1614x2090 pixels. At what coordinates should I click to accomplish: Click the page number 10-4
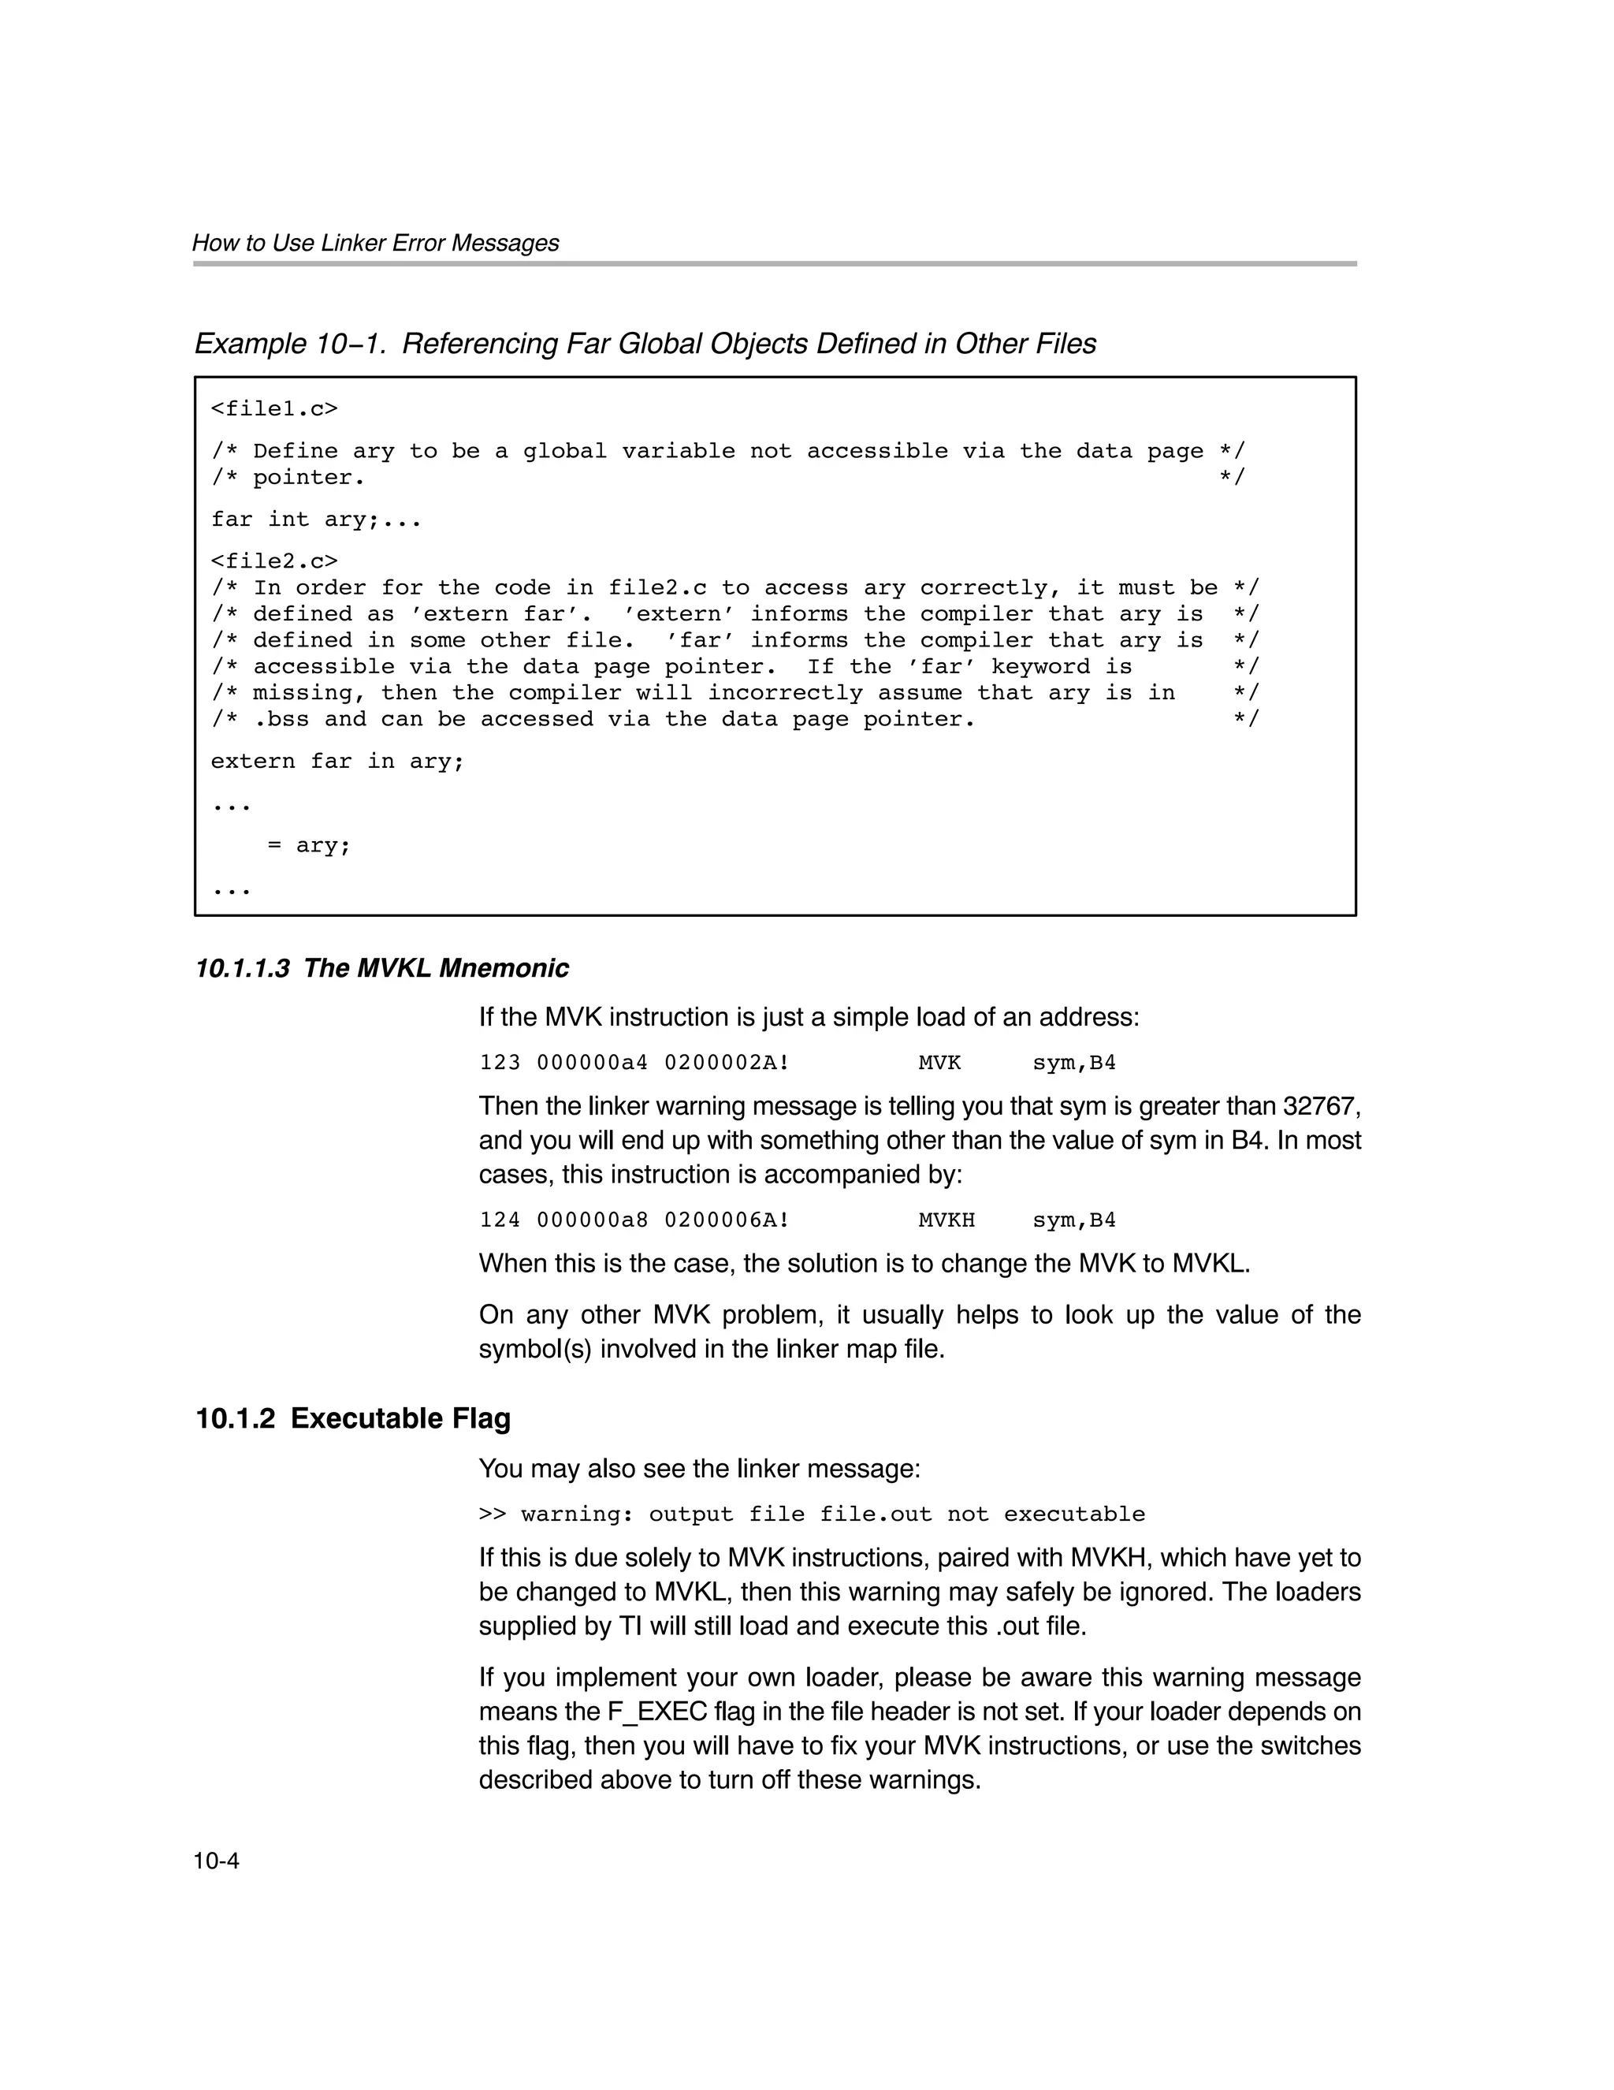(215, 1861)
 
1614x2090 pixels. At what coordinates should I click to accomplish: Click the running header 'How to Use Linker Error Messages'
(375, 243)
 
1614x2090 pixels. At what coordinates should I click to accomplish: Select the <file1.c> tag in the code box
(274, 410)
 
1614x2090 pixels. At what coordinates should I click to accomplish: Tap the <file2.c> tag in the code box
(274, 561)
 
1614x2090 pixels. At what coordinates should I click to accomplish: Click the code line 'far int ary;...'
(316, 520)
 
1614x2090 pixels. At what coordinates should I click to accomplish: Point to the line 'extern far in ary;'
(338, 762)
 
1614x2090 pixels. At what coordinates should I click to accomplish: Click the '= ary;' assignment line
(309, 846)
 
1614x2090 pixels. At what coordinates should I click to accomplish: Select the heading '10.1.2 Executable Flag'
(352, 1419)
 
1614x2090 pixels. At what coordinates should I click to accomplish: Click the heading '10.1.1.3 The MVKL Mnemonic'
(381, 968)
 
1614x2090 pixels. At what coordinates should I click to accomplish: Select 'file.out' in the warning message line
(876, 1514)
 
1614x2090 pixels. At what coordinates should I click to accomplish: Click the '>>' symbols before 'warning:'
(492, 1514)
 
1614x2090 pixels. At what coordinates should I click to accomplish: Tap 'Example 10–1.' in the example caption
(291, 344)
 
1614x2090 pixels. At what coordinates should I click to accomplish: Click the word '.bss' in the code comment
(281, 720)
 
